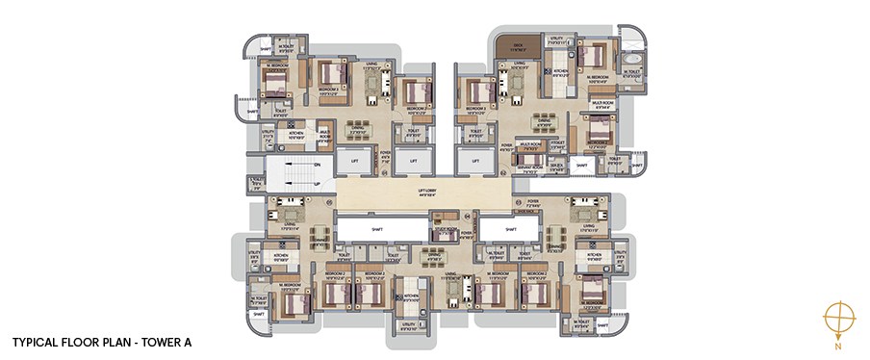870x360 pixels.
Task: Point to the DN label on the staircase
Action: pyautogui.click(x=317, y=165)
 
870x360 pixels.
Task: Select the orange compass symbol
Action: pyautogui.click(x=837, y=317)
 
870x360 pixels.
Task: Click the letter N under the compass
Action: pyautogui.click(x=837, y=344)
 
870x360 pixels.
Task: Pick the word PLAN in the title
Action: pyautogui.click(x=119, y=341)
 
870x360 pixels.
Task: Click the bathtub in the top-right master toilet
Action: pyautogui.click(x=632, y=70)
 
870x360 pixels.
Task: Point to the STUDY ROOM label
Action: pyautogui.click(x=447, y=232)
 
